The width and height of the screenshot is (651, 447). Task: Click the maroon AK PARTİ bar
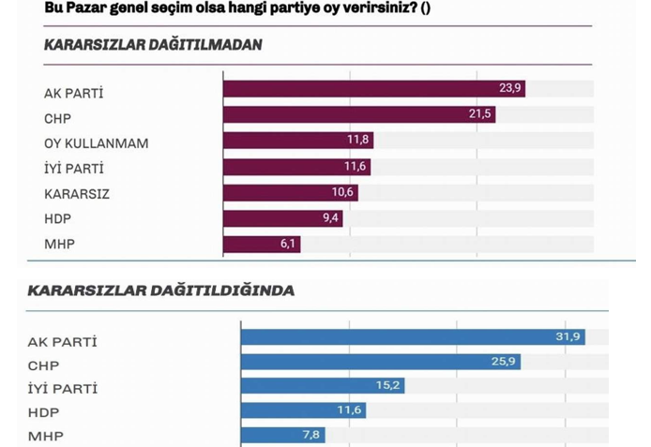pyautogui.click(x=373, y=89)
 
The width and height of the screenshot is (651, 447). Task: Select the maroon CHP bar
pyautogui.click(x=358, y=115)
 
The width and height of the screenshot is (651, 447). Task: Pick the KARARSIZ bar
pyautogui.click(x=290, y=193)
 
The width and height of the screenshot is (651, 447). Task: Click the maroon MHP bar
pyautogui.click(x=261, y=245)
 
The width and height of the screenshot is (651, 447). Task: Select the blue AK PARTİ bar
pyautogui.click(x=413, y=337)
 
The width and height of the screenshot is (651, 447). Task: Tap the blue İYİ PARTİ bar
pyautogui.click(x=323, y=386)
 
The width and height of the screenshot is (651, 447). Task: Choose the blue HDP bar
pyautogui.click(x=303, y=410)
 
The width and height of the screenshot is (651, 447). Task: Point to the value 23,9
pyautogui.click(x=510, y=89)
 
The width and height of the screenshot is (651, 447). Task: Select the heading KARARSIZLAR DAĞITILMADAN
pyautogui.click(x=153, y=45)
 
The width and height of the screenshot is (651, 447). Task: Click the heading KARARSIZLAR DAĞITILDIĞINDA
pyautogui.click(x=160, y=291)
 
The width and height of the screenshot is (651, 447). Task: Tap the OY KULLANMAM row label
pyautogui.click(x=97, y=142)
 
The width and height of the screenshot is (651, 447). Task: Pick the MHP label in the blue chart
pyautogui.click(x=46, y=436)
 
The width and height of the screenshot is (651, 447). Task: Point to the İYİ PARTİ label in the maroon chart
pyautogui.click(x=74, y=168)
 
